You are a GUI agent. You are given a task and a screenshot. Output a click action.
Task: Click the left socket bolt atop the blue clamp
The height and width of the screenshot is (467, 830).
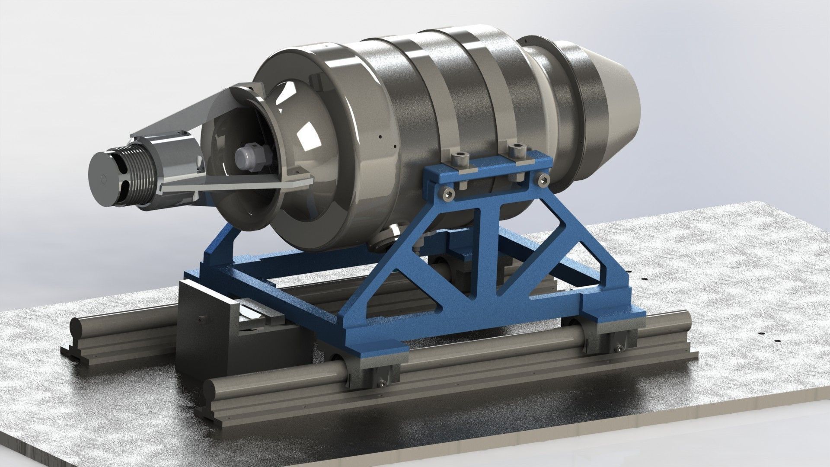pos(459,159)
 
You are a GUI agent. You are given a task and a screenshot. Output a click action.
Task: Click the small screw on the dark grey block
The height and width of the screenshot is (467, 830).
pos(201,320)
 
